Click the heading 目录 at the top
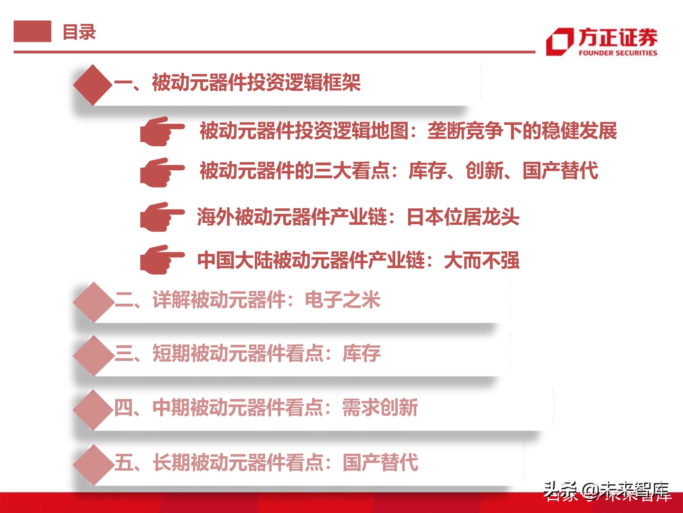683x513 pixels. tap(79, 32)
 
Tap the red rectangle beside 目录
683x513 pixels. tap(32, 31)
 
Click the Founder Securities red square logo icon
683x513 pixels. tap(559, 42)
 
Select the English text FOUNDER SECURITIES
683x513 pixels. tap(618, 53)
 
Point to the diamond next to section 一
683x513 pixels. tap(93, 84)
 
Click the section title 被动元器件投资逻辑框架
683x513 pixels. tap(256, 83)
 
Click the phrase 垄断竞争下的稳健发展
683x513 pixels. tap(522, 131)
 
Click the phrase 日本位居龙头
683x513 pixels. tap(463, 217)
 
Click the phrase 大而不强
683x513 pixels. tap(482, 260)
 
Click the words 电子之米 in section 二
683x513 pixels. tap(343, 300)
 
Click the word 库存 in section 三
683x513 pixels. tap(361, 353)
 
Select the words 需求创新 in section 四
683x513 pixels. tap(380, 408)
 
